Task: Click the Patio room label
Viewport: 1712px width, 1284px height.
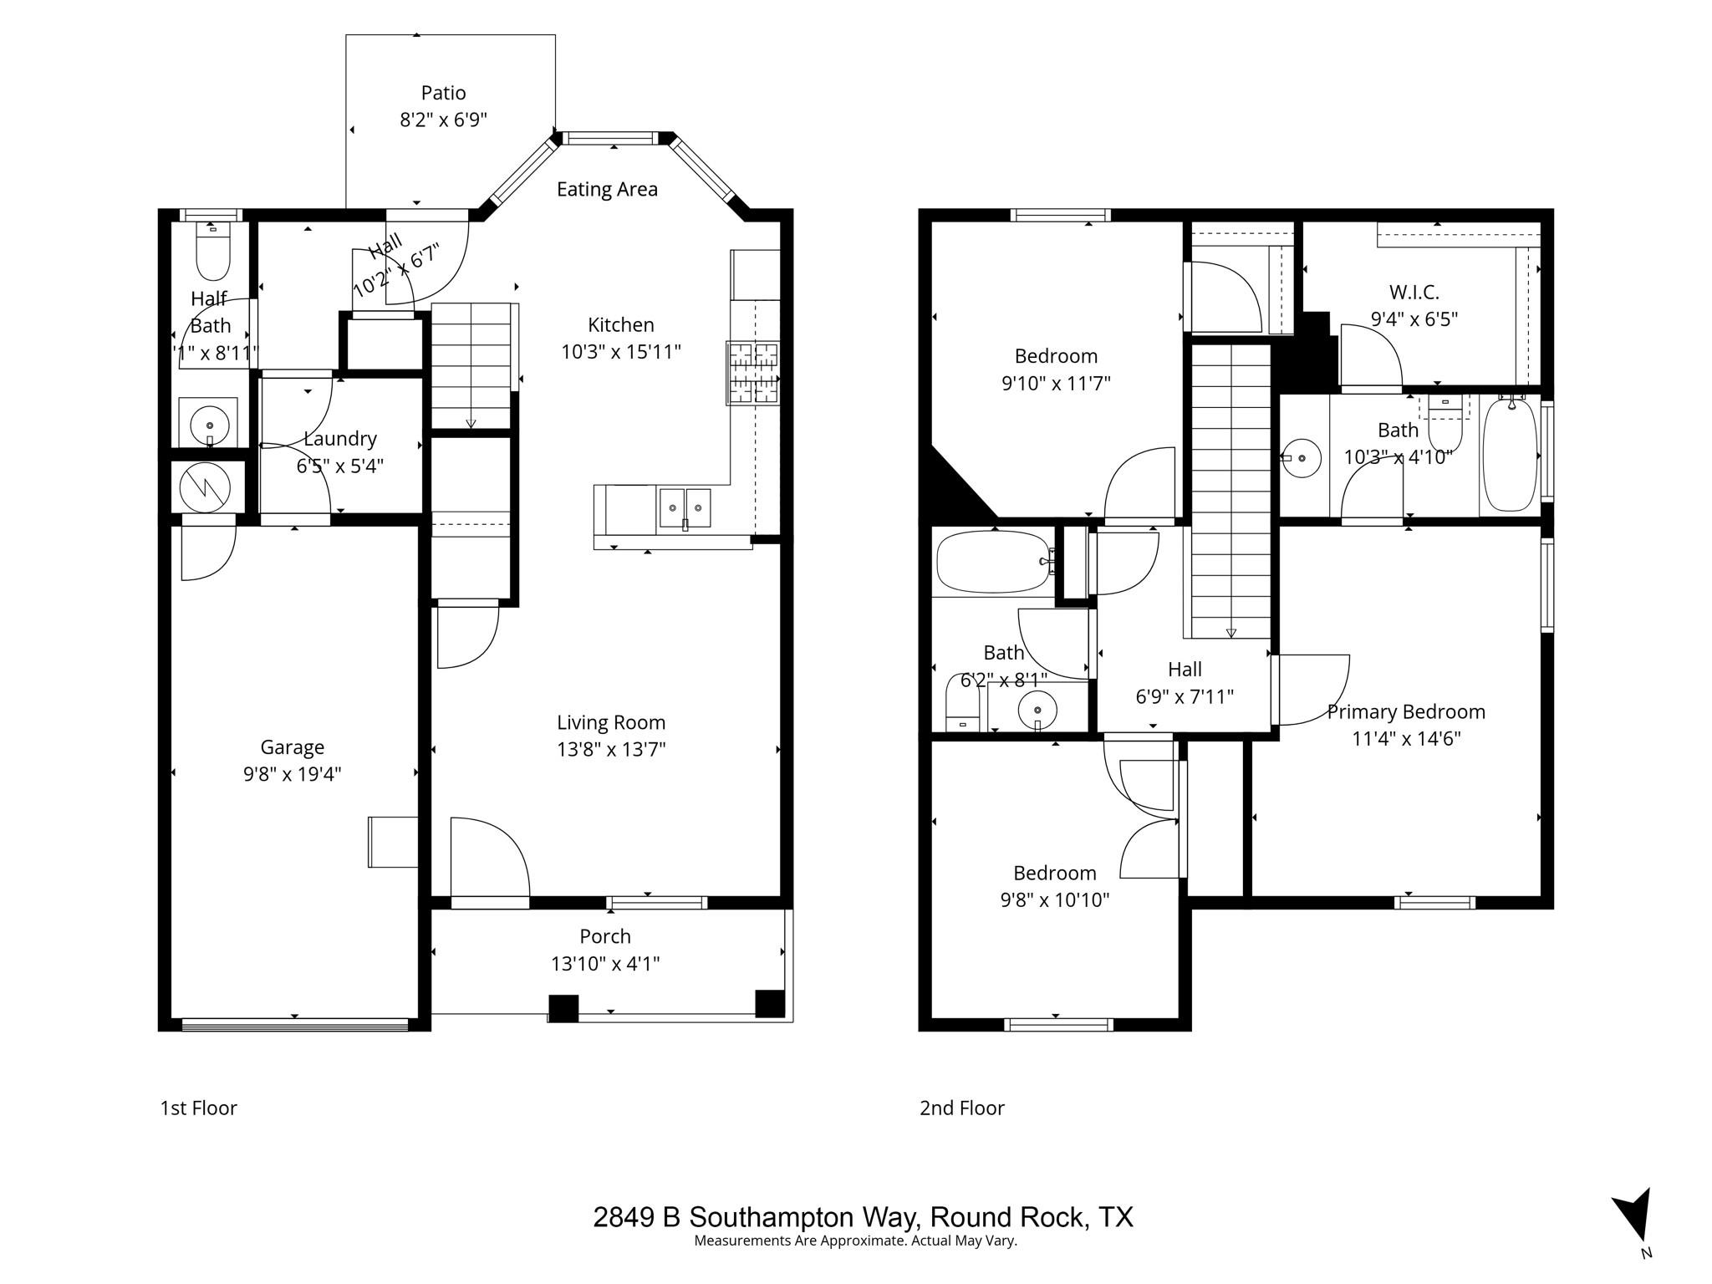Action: click(443, 93)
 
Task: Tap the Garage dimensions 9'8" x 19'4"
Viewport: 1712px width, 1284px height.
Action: click(292, 774)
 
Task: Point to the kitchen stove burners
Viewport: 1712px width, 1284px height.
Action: click(753, 373)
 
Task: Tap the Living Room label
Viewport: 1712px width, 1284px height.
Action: click(611, 722)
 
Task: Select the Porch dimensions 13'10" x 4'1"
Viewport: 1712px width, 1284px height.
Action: click(605, 964)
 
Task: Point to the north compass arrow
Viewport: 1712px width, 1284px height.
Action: click(1635, 1216)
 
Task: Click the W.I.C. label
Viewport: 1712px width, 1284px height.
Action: click(1414, 293)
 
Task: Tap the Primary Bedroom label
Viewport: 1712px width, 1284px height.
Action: click(1406, 712)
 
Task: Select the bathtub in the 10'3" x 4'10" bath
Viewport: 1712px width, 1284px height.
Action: click(1510, 456)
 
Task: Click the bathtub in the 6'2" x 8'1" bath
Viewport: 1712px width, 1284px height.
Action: click(991, 563)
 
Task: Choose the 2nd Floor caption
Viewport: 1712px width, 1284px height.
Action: click(961, 1108)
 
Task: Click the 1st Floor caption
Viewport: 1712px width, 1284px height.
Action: click(199, 1108)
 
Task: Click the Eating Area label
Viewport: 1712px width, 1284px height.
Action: click(607, 190)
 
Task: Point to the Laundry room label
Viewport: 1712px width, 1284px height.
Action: click(339, 439)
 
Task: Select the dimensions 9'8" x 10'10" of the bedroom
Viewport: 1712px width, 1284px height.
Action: click(1054, 900)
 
